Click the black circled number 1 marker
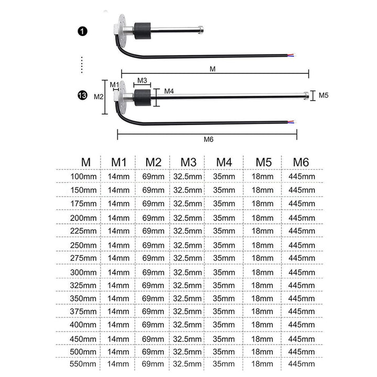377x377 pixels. click(x=83, y=31)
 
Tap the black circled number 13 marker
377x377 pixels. click(x=83, y=95)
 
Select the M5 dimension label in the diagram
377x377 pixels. click(x=324, y=95)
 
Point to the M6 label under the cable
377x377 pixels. click(x=208, y=139)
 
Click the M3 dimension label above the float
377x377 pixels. click(x=142, y=80)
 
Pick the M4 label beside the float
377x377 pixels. click(x=169, y=91)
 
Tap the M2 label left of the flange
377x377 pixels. click(x=98, y=97)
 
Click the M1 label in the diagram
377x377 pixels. click(x=115, y=85)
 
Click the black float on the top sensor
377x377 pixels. click(x=142, y=31)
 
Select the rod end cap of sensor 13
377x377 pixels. click(x=306, y=95)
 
